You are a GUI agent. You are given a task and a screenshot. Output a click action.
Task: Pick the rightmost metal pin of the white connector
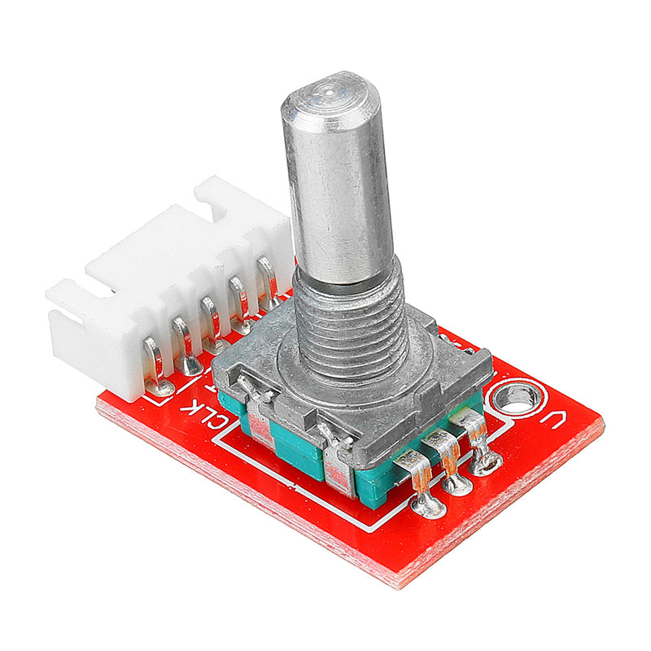click(x=268, y=281)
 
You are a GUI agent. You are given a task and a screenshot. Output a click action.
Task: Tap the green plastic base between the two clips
click(x=297, y=448)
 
